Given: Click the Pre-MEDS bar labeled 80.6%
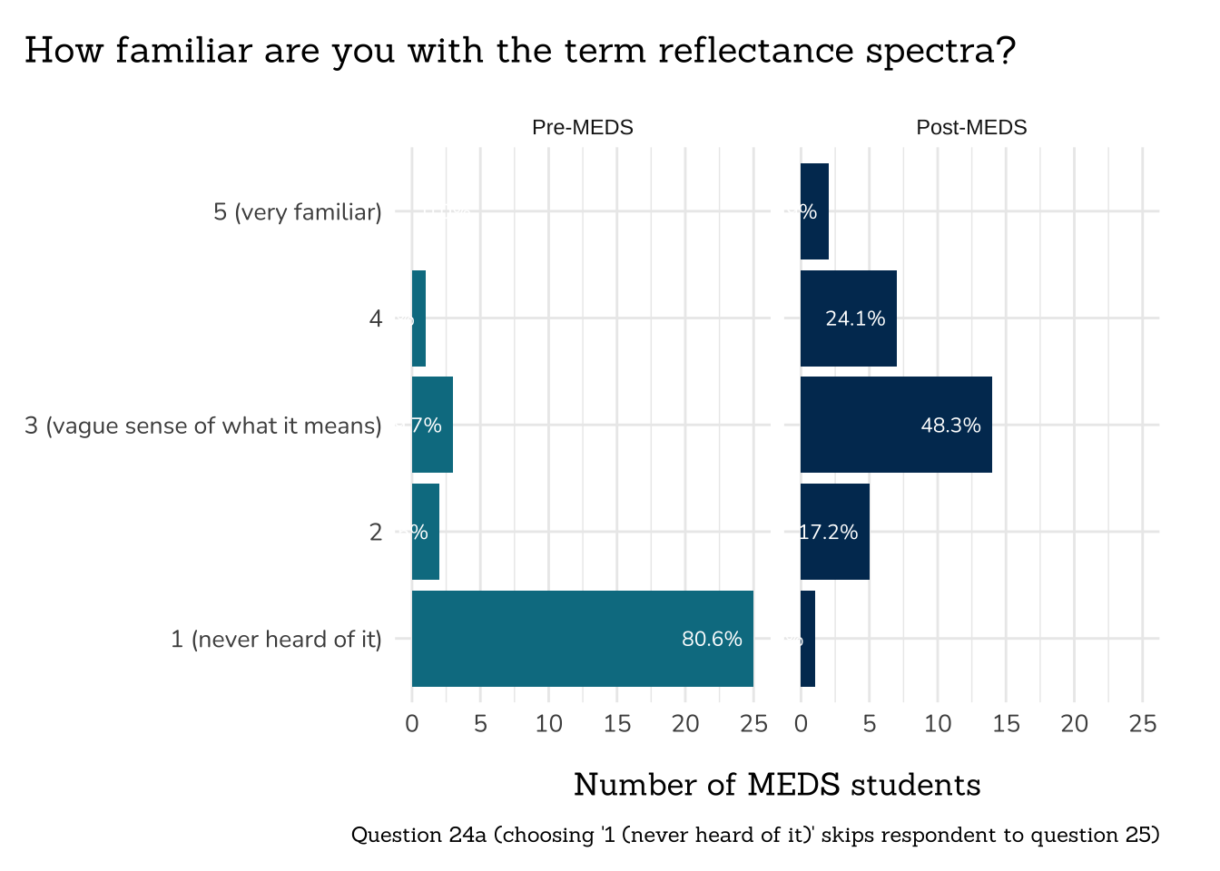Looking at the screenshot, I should coord(582,639).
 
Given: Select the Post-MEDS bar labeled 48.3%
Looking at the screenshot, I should coord(895,425).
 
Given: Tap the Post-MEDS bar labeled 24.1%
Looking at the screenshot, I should coord(848,318).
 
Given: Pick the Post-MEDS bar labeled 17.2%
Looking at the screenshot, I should coord(834,532).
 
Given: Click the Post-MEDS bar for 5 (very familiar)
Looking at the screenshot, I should coord(814,211).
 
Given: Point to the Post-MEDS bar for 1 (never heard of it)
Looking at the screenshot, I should coord(808,639).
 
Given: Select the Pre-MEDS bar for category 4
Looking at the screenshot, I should coord(418,318).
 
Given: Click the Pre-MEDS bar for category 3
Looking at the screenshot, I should coord(432,425).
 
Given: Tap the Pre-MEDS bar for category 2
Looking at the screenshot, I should coord(426,532).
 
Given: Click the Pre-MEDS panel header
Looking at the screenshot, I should coord(582,127).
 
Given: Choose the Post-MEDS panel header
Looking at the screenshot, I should coord(971,127).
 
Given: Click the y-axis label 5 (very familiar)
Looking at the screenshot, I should coord(298,212).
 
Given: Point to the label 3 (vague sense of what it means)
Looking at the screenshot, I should coord(203,426).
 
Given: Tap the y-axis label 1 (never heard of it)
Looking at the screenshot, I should coord(276,640).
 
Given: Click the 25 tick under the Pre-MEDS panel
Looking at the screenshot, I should coord(753,723).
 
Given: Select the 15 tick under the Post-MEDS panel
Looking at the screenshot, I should coord(1006,723).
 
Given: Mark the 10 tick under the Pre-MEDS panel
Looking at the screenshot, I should coord(548,723).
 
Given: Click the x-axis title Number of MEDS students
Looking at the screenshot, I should coord(777,784).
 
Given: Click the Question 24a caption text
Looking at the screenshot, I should coord(755,835).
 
